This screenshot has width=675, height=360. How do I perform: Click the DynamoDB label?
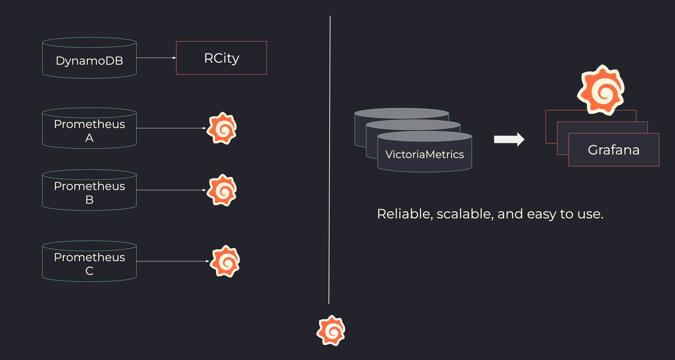point(89,61)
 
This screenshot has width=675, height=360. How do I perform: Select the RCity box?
point(221,58)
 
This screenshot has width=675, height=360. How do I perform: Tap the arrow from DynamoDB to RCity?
point(156,58)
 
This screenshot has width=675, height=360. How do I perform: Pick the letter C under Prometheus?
point(89,271)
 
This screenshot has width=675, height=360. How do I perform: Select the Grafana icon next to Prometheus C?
point(225,261)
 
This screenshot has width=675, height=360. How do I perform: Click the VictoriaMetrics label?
point(425,154)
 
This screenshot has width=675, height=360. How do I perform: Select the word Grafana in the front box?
point(614,150)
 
